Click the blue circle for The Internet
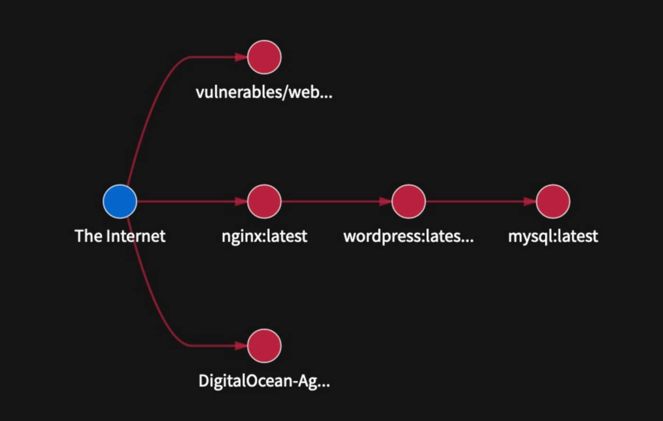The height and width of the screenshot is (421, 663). pyautogui.click(x=120, y=201)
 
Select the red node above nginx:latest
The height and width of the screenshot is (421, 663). pyautogui.click(x=264, y=201)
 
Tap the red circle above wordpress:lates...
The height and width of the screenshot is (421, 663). pyautogui.click(x=409, y=201)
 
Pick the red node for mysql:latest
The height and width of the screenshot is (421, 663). pyautogui.click(x=553, y=201)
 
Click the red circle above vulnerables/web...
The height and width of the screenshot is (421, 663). pyautogui.click(x=264, y=57)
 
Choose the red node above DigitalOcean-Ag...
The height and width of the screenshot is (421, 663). pyautogui.click(x=264, y=346)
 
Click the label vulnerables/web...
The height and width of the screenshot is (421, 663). pyautogui.click(x=264, y=92)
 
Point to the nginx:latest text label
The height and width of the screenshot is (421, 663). pyautogui.click(x=264, y=236)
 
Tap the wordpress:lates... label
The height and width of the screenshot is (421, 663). pyautogui.click(x=408, y=236)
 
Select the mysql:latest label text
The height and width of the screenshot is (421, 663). pyautogui.click(x=553, y=236)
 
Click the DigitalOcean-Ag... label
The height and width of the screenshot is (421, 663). pyautogui.click(x=264, y=381)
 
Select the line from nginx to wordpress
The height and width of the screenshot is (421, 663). pyautogui.click(x=331, y=201)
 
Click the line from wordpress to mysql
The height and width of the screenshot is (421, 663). pyautogui.click(x=474, y=201)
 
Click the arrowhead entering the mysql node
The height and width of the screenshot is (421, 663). pyautogui.click(x=530, y=201)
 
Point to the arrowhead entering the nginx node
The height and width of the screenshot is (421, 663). pyautogui.click(x=242, y=201)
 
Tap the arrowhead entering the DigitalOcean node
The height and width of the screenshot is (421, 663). pyautogui.click(x=242, y=346)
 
